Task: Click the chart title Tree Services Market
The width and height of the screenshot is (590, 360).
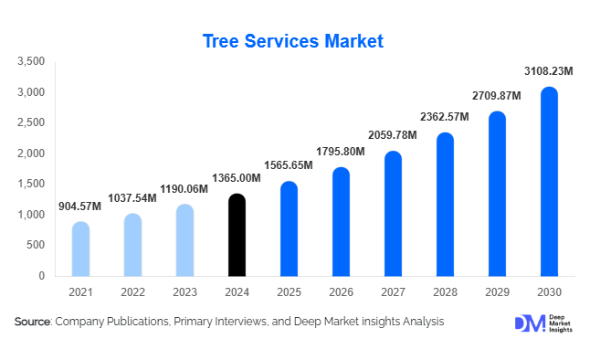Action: (x=292, y=41)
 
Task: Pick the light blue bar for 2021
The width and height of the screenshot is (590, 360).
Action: (x=80, y=249)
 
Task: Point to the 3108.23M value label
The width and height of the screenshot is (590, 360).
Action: (x=548, y=70)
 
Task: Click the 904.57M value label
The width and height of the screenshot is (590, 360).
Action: (x=79, y=206)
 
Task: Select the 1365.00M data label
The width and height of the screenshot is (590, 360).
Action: (x=236, y=179)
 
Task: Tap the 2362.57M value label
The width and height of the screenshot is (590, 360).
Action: (x=444, y=117)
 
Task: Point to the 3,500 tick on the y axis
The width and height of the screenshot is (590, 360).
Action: (x=31, y=62)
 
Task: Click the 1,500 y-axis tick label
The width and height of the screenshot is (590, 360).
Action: (x=31, y=185)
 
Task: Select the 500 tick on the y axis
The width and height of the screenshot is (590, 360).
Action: (x=36, y=245)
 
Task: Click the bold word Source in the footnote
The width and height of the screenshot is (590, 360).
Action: (x=33, y=322)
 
